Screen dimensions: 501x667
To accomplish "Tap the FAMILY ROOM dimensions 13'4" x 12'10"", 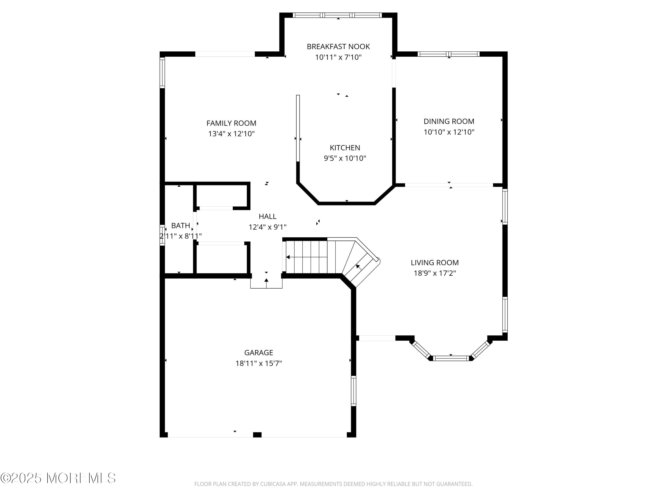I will click(231, 134).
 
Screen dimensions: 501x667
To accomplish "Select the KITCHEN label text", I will click(345, 148).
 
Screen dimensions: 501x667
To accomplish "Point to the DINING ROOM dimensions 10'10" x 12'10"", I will click(449, 132).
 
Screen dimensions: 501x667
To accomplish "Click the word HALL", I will click(267, 216).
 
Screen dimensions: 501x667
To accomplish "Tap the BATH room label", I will click(181, 226).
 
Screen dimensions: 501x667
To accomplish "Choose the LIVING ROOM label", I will click(434, 263).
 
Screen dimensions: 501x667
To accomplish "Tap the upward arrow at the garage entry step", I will click(266, 281).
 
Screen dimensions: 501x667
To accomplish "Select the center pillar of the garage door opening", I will click(257, 435).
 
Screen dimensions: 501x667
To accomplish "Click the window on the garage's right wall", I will click(354, 391).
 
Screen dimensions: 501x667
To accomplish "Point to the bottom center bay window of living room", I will click(451, 358).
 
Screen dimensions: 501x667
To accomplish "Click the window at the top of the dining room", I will click(448, 54).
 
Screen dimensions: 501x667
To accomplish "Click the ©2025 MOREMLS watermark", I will click(58, 478).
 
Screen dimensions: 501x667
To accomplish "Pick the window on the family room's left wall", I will click(162, 72).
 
